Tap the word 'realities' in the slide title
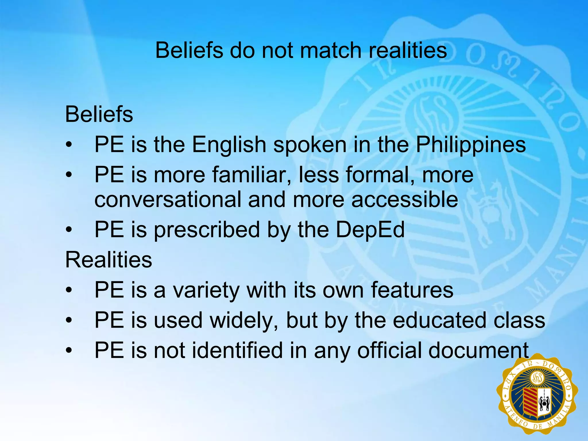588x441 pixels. (408, 51)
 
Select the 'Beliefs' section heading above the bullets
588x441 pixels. (99, 115)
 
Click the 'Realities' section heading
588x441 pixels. (109, 260)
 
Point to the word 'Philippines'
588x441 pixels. (471, 145)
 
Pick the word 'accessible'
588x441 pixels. (405, 200)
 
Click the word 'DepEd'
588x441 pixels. (370, 230)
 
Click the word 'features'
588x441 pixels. (412, 290)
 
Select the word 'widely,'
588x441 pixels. (244, 321)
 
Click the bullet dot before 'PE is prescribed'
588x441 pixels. (68, 230)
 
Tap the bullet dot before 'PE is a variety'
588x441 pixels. (68, 290)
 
